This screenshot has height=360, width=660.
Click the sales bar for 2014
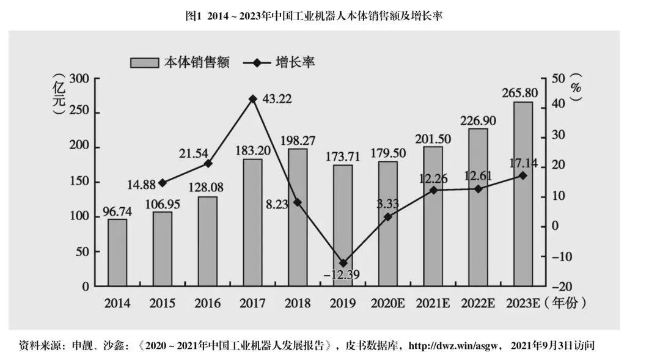tap(117, 252)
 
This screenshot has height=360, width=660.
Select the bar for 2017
tap(252, 222)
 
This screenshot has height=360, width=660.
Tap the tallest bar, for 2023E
tap(523, 194)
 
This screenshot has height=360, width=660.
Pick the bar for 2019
tap(343, 226)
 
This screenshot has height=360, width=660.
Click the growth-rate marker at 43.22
tap(252, 98)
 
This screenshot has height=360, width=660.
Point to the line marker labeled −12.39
tap(343, 263)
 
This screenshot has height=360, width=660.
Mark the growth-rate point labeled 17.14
tap(523, 175)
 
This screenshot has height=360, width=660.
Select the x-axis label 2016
tap(207, 303)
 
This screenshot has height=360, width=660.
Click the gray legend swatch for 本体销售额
tap(144, 62)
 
